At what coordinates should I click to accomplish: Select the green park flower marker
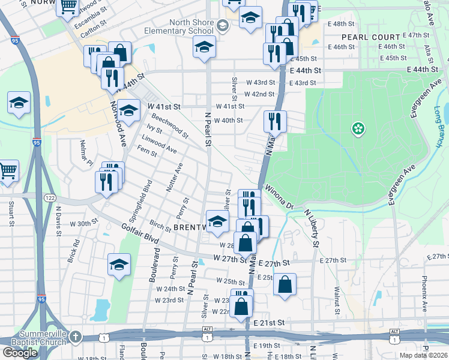[358, 128]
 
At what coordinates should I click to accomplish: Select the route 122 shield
[49, 197]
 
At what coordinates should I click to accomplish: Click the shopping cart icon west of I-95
[8, 170]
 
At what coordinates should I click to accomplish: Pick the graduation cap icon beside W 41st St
[128, 110]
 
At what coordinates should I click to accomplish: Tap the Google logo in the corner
[20, 353]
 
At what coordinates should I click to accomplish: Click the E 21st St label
[268, 322]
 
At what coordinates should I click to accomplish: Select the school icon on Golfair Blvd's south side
[119, 265]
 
